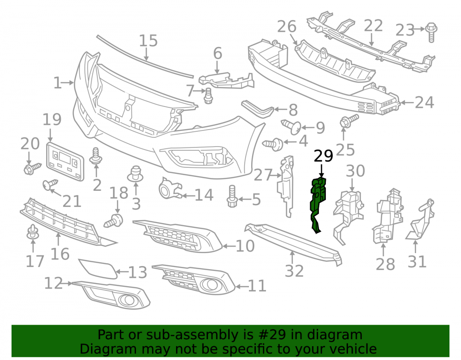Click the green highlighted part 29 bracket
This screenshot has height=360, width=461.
(x=318, y=203)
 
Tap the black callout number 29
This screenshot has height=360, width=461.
(x=324, y=156)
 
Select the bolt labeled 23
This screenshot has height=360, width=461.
(x=431, y=32)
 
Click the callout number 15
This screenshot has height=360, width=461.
(x=148, y=41)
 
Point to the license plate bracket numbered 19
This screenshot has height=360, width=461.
(x=65, y=162)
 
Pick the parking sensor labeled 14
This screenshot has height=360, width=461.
(x=170, y=188)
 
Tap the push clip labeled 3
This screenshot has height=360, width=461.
(x=136, y=174)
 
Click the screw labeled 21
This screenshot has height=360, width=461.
(x=50, y=184)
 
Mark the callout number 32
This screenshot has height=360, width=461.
(x=294, y=271)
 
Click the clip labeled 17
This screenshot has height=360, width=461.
(x=33, y=232)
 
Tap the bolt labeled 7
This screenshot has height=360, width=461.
(x=208, y=95)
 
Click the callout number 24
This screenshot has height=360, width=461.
(x=424, y=103)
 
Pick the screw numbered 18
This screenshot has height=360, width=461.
(x=114, y=221)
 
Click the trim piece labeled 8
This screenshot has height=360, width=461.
(x=257, y=108)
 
